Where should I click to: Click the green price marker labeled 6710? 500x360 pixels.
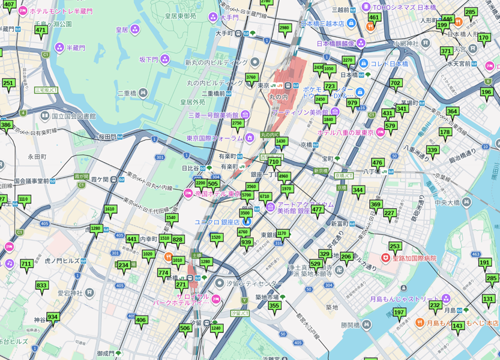coord(265,197)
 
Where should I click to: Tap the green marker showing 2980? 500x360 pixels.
coord(285,28)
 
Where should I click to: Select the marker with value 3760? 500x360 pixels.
coord(252,77)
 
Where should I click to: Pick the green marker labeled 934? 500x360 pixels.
coord(53,317)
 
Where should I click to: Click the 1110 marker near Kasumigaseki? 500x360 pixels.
coord(23,199)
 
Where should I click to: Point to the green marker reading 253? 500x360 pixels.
coord(394,247)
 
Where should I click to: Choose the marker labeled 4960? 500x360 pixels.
coord(283,177)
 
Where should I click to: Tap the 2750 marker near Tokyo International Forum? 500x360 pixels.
coord(237,124)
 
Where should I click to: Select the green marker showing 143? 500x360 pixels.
coord(457,326)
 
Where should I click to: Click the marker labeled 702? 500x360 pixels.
coord(395,83)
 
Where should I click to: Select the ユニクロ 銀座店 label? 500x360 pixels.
coord(226,222)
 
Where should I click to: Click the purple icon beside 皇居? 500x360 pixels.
coord(135,29)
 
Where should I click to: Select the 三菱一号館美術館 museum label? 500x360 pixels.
coord(213,115)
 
